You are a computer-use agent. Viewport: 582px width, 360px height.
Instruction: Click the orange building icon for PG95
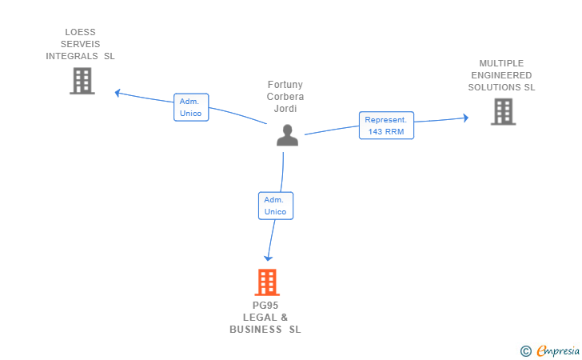pyautogui.click(x=267, y=282)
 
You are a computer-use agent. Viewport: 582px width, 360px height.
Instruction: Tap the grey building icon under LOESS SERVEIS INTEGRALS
pyautogui.click(x=82, y=81)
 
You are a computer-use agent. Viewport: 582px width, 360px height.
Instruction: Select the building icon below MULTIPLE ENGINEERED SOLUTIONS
pyautogui.click(x=504, y=111)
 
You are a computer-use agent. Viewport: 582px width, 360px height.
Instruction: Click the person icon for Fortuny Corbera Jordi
pyautogui.click(x=287, y=135)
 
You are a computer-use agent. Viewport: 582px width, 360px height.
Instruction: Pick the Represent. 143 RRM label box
pyautogui.click(x=386, y=126)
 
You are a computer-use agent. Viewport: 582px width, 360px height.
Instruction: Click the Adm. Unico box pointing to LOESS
pyautogui.click(x=191, y=107)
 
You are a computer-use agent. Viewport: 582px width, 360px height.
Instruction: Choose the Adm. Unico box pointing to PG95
pyautogui.click(x=276, y=206)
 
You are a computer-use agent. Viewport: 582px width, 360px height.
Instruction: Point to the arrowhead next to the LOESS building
pyautogui.click(x=118, y=93)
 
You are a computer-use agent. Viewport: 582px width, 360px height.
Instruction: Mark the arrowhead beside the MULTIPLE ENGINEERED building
pyautogui.click(x=466, y=118)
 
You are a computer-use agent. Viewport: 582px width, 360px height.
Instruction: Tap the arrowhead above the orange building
pyautogui.click(x=268, y=258)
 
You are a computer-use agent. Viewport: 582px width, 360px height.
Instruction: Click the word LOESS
pyautogui.click(x=80, y=32)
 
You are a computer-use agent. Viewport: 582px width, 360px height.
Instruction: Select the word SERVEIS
pyautogui.click(x=80, y=44)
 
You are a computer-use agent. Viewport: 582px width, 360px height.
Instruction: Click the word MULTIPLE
pyautogui.click(x=501, y=63)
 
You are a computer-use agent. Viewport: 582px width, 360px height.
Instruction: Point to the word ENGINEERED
pyautogui.click(x=501, y=75)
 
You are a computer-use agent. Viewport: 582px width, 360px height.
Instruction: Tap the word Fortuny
pyautogui.click(x=285, y=85)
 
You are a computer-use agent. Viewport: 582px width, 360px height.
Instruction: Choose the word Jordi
pyautogui.click(x=285, y=109)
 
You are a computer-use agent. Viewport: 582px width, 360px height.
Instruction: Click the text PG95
pyautogui.click(x=265, y=306)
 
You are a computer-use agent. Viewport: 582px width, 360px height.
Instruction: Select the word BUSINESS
pyautogui.click(x=255, y=330)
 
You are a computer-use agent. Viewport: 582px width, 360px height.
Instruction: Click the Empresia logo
pyautogui.click(x=558, y=350)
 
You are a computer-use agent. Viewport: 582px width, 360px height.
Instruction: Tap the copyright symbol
pyautogui.click(x=526, y=351)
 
